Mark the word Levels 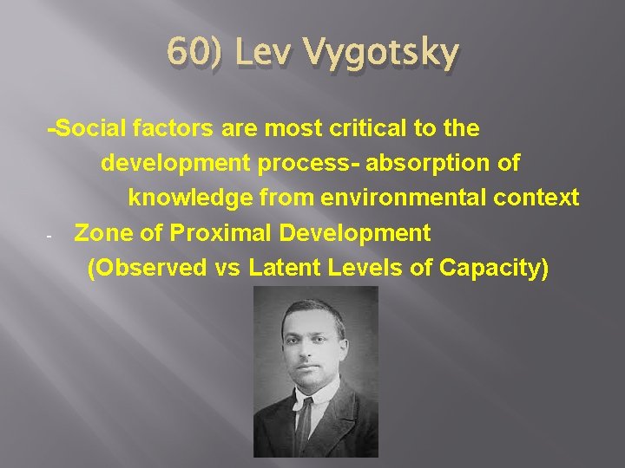372,268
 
